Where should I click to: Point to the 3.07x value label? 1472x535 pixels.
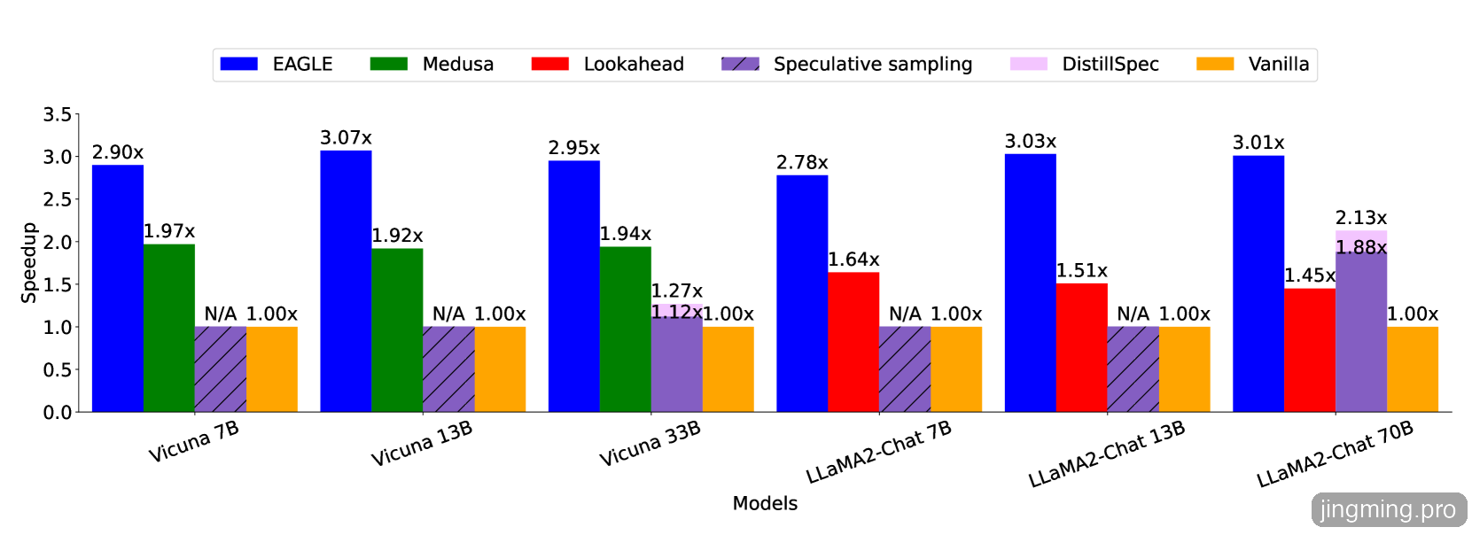pos(346,138)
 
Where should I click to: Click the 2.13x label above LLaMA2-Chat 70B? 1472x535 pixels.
pos(1361,218)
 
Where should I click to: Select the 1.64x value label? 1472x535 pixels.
pos(853,260)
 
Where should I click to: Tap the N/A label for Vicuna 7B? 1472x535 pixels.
pos(221,314)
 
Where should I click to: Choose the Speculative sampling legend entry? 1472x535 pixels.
pos(872,65)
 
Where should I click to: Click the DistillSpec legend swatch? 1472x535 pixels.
pos(1028,64)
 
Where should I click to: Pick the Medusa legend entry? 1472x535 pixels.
pos(457,65)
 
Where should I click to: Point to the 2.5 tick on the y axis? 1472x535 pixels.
pos(58,199)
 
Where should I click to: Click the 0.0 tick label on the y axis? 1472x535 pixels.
pos(58,413)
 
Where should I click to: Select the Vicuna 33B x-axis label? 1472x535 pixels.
pos(650,444)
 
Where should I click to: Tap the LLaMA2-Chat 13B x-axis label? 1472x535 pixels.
pos(1107,454)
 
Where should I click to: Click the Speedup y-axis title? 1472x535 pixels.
pos(28,262)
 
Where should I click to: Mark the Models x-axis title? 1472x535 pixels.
pos(765,503)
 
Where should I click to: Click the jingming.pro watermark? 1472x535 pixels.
pos(1388,510)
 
